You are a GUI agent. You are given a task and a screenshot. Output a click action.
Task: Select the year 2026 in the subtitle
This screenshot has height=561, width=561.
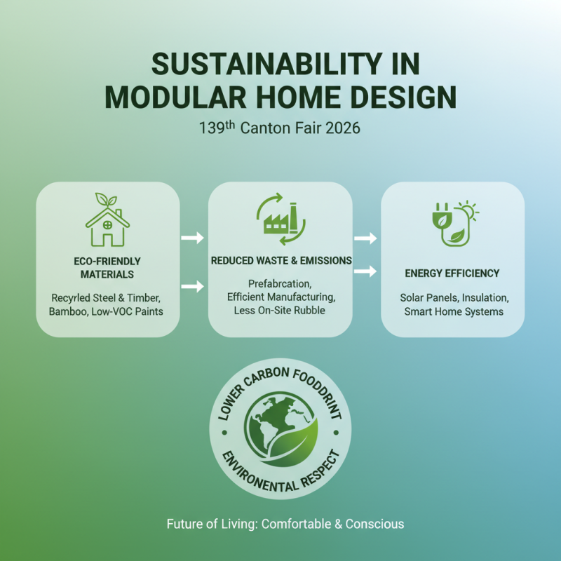click(341, 129)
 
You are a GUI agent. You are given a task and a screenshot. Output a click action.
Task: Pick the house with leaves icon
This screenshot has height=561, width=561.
click(107, 219)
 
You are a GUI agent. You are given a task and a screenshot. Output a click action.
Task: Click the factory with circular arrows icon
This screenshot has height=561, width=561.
click(280, 219)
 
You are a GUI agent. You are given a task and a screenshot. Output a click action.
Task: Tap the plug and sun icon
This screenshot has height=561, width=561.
click(452, 224)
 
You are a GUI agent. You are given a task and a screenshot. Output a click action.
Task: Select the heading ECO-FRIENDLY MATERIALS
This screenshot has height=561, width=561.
click(107, 267)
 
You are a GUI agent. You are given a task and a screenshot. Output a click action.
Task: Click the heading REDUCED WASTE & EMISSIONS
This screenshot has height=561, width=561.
click(281, 260)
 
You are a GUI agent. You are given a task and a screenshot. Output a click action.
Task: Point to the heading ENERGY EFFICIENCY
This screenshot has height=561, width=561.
click(452, 273)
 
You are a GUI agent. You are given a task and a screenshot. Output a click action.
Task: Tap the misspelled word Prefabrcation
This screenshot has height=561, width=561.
click(280, 283)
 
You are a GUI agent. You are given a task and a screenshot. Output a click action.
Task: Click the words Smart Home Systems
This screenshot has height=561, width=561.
click(453, 311)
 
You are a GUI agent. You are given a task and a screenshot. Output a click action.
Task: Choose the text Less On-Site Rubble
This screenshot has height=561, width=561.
click(280, 311)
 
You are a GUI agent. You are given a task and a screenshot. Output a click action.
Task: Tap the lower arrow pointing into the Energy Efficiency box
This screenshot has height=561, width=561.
click(365, 271)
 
